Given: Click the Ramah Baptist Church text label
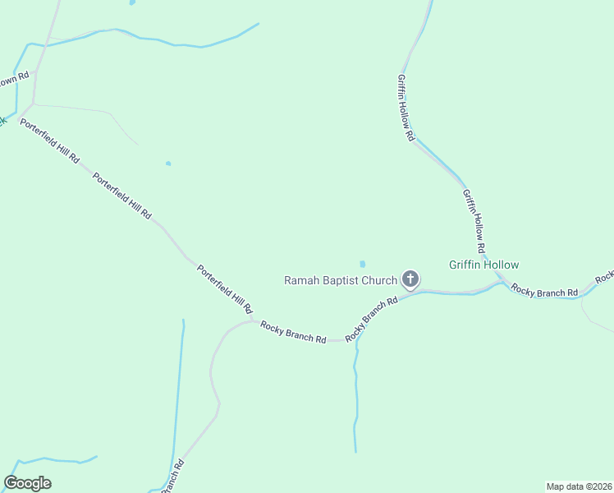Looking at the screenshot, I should point(340,280).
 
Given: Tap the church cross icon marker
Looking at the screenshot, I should point(410,280).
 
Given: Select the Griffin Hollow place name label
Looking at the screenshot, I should point(483,265).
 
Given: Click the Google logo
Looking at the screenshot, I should point(27,483).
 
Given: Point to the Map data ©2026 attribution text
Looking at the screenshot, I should point(579,486).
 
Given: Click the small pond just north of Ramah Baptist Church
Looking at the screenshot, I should point(362,265).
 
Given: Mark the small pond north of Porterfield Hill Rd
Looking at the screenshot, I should point(168,164).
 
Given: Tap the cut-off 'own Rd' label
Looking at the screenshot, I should point(14,80).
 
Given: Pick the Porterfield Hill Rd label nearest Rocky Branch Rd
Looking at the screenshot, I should point(224,288).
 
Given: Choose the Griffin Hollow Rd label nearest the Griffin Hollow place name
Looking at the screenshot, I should point(474,220).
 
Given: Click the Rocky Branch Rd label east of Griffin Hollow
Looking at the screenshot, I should point(543,291).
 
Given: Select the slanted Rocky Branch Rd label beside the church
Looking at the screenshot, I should point(372,319).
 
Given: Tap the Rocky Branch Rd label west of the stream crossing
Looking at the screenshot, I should point(293,332).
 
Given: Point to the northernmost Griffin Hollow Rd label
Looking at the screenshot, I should point(406,108).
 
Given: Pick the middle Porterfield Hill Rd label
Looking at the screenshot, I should point(122,196).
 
